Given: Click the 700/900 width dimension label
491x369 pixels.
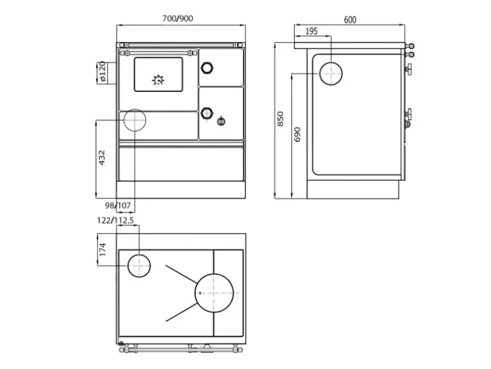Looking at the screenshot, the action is (x=177, y=19).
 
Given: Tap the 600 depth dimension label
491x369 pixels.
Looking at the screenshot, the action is (x=350, y=20).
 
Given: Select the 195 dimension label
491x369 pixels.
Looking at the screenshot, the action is (x=311, y=31).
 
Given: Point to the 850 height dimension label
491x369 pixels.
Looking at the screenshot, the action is (x=281, y=119).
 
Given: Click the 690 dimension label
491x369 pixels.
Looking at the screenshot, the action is (x=297, y=134).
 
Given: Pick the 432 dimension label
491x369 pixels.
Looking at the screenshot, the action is (x=102, y=158).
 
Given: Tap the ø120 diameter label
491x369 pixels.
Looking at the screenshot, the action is (x=103, y=72).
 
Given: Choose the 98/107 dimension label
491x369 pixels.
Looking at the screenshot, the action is (x=118, y=206).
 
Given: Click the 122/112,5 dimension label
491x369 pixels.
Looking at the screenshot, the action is (x=115, y=220).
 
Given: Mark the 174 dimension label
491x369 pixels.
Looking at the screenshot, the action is (x=103, y=250).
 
